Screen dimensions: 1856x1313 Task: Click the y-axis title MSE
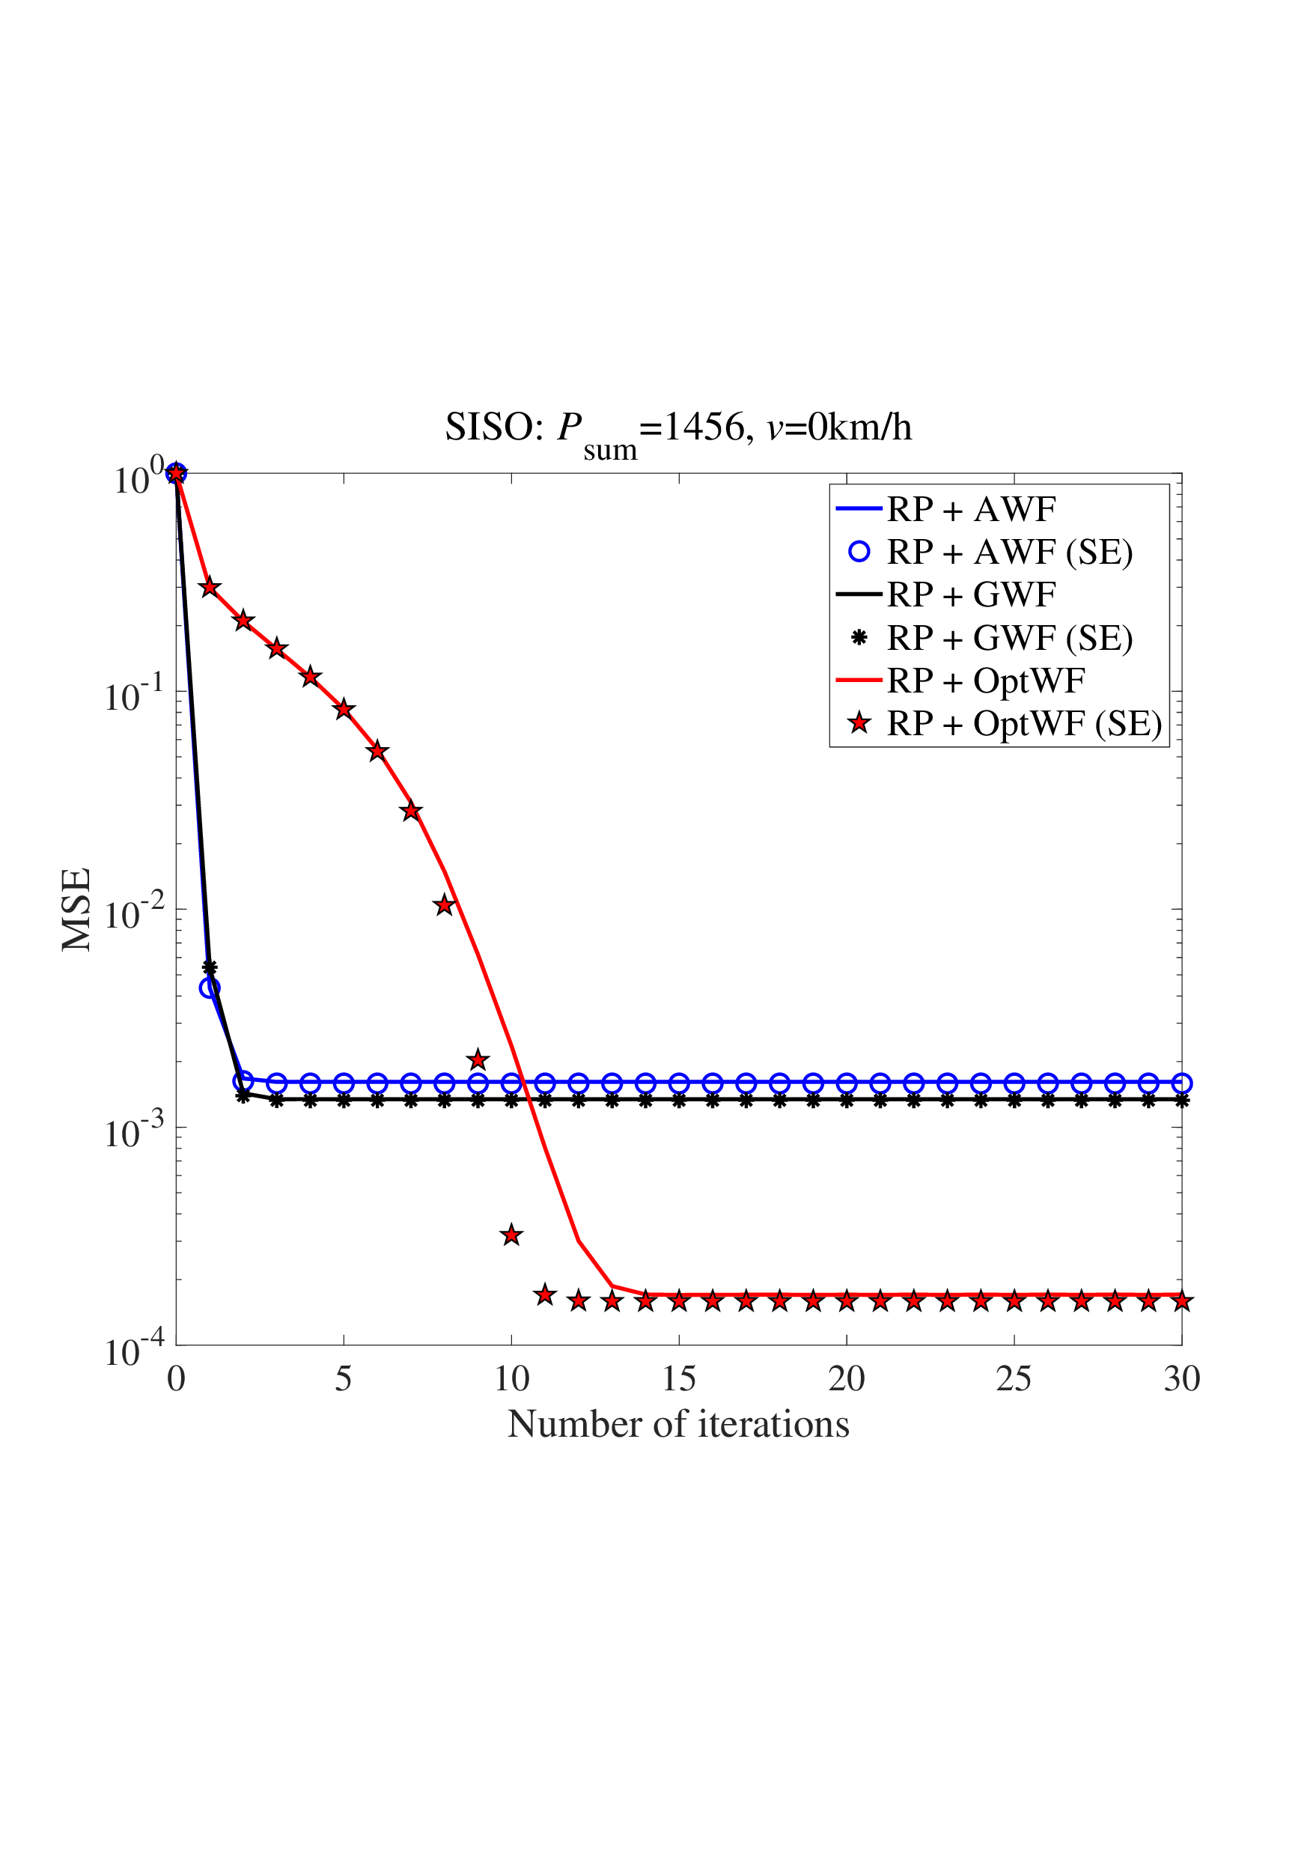77,909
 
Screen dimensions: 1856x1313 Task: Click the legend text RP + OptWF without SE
986,681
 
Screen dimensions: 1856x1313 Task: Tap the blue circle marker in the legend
859,553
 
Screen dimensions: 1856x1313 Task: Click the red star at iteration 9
478,1059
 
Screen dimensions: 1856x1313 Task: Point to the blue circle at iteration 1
210,988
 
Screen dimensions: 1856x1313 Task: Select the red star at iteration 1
210,587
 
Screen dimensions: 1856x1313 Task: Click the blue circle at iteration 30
1181,1083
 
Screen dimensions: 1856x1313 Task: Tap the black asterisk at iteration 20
847,1101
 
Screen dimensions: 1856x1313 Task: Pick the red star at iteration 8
444,905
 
